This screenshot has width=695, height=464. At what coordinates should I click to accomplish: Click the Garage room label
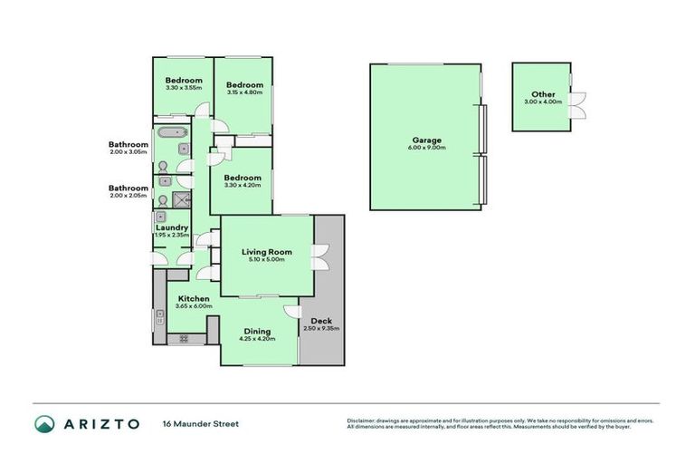point(427,140)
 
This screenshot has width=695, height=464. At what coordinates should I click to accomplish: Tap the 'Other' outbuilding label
point(543,94)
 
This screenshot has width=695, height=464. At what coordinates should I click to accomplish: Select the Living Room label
point(267,252)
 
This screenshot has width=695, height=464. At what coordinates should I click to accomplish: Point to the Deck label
point(321,321)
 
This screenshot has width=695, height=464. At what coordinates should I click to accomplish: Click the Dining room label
point(256,331)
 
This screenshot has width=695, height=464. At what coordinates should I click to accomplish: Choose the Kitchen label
point(194,298)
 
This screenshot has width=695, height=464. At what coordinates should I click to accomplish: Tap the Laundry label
point(171,227)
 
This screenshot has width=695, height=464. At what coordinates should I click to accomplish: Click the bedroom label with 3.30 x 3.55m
point(184,81)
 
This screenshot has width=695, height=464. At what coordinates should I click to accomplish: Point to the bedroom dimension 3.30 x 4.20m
point(243,184)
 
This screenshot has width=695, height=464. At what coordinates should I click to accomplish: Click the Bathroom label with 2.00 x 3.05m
point(129,144)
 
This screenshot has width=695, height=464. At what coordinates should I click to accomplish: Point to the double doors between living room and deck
point(319,257)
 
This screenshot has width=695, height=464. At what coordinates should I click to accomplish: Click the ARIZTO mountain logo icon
point(45,423)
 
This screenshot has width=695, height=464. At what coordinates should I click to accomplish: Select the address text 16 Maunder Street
point(200,423)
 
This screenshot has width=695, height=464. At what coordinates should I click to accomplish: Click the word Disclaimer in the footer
point(362,420)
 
